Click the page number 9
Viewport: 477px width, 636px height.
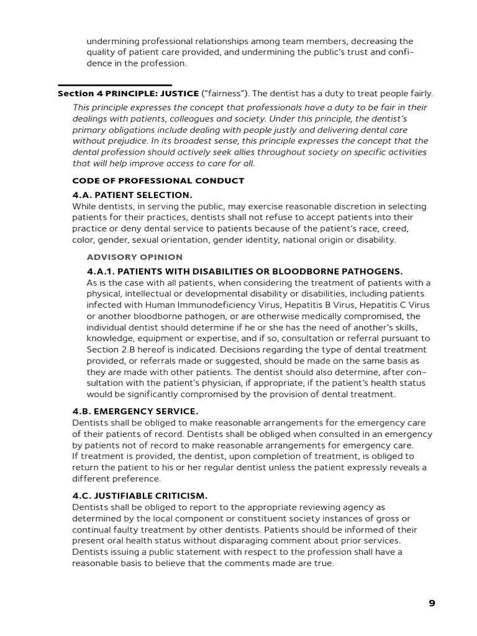432,602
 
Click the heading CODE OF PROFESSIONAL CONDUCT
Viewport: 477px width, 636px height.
158,181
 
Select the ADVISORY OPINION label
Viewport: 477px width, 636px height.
135,257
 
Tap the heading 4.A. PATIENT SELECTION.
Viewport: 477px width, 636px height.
132,195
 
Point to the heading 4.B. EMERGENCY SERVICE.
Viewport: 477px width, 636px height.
135,411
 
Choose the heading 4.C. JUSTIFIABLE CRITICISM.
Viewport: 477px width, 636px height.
140,496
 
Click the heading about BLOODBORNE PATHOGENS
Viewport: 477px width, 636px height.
245,271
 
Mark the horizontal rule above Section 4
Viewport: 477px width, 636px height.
114,85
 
